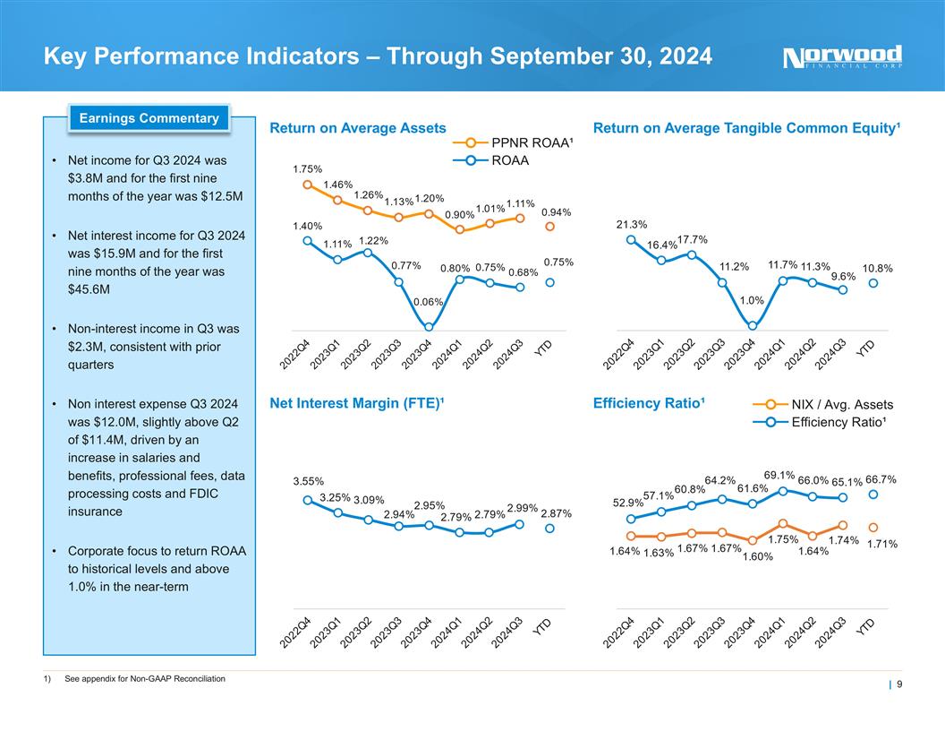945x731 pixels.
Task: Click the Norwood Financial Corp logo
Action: tap(842, 57)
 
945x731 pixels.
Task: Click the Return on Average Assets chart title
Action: tap(358, 129)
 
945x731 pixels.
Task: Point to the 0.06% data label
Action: tap(429, 301)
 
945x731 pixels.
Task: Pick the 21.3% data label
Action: tap(632, 224)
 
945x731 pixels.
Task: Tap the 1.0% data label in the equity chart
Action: tap(752, 301)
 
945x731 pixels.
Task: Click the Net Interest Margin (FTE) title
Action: tap(357, 404)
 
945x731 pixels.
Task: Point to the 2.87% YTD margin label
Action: tap(555, 513)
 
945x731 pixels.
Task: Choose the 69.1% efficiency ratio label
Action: tap(779, 475)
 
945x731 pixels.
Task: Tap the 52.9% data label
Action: tap(628, 503)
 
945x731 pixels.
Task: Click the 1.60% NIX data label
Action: tap(758, 557)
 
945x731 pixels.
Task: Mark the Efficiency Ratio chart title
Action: tap(649, 404)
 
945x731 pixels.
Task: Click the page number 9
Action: tap(898, 686)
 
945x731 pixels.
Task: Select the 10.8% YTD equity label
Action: tap(877, 268)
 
